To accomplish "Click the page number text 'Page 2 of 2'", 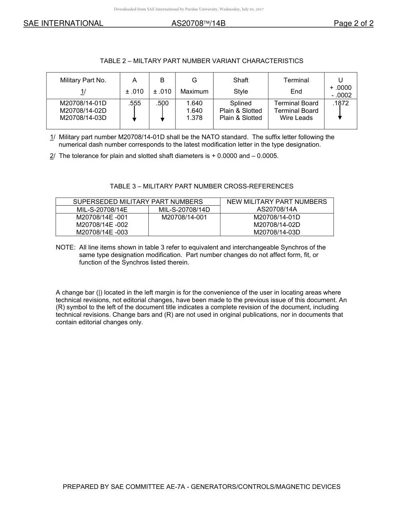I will (x=353, y=23).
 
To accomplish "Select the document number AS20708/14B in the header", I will (x=198, y=23).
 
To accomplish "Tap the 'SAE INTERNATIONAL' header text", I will (x=63, y=23).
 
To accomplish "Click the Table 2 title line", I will (x=201, y=61).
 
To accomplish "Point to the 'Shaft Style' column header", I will (x=241, y=86).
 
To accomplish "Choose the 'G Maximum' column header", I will (x=194, y=86).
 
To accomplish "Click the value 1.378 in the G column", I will (x=194, y=118).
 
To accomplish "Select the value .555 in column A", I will (x=135, y=103).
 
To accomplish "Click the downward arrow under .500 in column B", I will (x=162, y=114).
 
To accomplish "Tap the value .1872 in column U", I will (x=340, y=103).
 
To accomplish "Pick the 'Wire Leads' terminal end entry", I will (x=296, y=118).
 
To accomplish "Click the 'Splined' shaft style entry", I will (x=241, y=103).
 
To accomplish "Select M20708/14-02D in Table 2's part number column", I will (x=83, y=111).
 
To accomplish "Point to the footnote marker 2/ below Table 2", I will (x=52, y=156).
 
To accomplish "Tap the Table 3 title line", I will (x=201, y=186).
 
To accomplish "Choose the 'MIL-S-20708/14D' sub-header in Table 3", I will (x=184, y=210).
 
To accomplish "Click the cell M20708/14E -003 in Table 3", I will (x=102, y=232).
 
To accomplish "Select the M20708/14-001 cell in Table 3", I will (x=184, y=217).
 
